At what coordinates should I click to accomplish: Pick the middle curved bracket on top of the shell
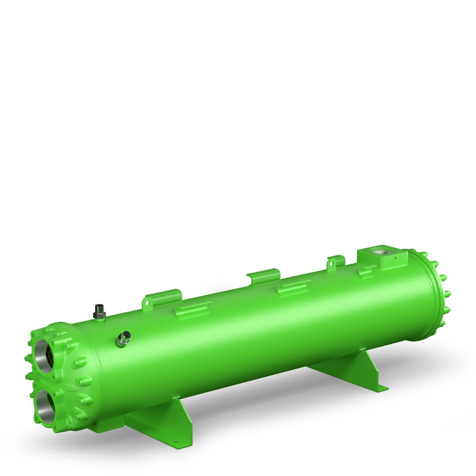pyautogui.click(x=263, y=276)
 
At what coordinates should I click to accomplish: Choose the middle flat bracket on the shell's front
pyautogui.click(x=293, y=288)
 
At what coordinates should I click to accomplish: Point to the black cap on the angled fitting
pyautogui.click(x=126, y=334)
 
